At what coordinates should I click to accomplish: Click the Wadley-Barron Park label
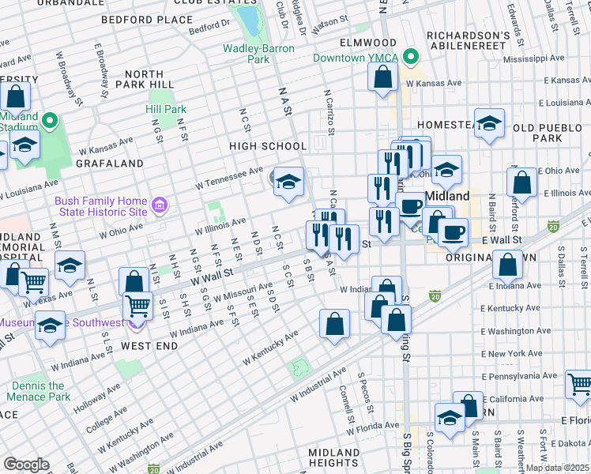[x=258, y=54]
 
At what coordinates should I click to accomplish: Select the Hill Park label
[x=166, y=109]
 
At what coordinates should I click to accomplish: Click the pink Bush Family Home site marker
[x=160, y=206]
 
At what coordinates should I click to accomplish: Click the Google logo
[x=26, y=465]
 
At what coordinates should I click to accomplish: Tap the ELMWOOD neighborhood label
[x=345, y=42]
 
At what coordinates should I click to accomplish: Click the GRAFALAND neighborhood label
[x=111, y=164]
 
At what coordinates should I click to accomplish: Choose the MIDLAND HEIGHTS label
[x=334, y=457]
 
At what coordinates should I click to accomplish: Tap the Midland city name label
[x=448, y=196]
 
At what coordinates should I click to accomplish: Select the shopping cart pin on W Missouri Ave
[x=138, y=304]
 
